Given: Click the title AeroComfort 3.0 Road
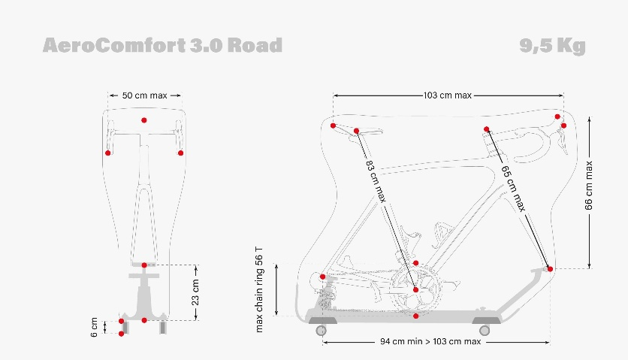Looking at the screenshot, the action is [x=162, y=45].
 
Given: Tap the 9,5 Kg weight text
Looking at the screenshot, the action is [x=552, y=45].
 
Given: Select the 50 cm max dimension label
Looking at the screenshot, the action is [x=144, y=95].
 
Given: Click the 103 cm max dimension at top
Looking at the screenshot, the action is [x=448, y=95].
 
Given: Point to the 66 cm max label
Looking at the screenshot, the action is [x=590, y=186].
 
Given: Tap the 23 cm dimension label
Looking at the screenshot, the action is [x=195, y=292].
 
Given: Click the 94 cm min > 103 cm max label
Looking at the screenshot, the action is [x=430, y=342].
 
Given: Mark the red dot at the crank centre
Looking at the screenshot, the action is [x=415, y=289].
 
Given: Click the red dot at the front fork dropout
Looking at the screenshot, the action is [x=550, y=268].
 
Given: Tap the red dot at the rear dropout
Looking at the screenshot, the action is [x=323, y=277].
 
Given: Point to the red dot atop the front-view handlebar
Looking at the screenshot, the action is [x=144, y=120].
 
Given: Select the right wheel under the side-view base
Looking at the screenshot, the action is [x=485, y=329].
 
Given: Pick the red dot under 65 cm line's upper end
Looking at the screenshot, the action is [x=487, y=129].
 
